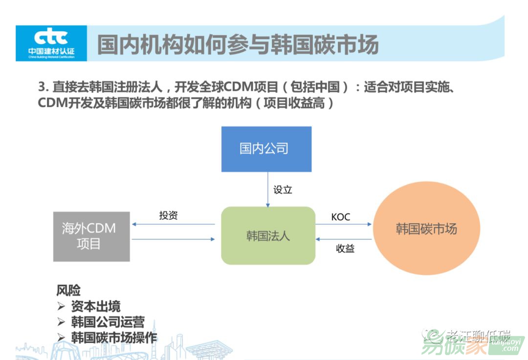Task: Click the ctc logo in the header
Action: click(x=51, y=43)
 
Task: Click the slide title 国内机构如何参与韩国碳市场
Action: click(x=238, y=44)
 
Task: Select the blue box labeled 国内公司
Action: click(x=266, y=149)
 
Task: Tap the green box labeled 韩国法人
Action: click(x=268, y=235)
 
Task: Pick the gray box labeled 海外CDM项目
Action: click(x=91, y=236)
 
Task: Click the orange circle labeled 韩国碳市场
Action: click(x=426, y=229)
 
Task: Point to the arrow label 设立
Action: click(x=283, y=190)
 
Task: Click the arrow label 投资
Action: click(x=168, y=215)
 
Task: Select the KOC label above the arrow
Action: click(x=341, y=216)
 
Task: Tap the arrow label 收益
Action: click(x=345, y=248)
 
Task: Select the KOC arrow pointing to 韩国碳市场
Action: click(x=344, y=225)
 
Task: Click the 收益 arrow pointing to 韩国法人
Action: click(x=344, y=239)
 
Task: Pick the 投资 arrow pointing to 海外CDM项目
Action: click(x=174, y=225)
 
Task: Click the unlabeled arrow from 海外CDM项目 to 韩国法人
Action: click(x=174, y=239)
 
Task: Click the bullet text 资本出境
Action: click(x=96, y=306)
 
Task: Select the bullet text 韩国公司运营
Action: click(x=108, y=322)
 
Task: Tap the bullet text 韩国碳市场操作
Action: click(x=114, y=338)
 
